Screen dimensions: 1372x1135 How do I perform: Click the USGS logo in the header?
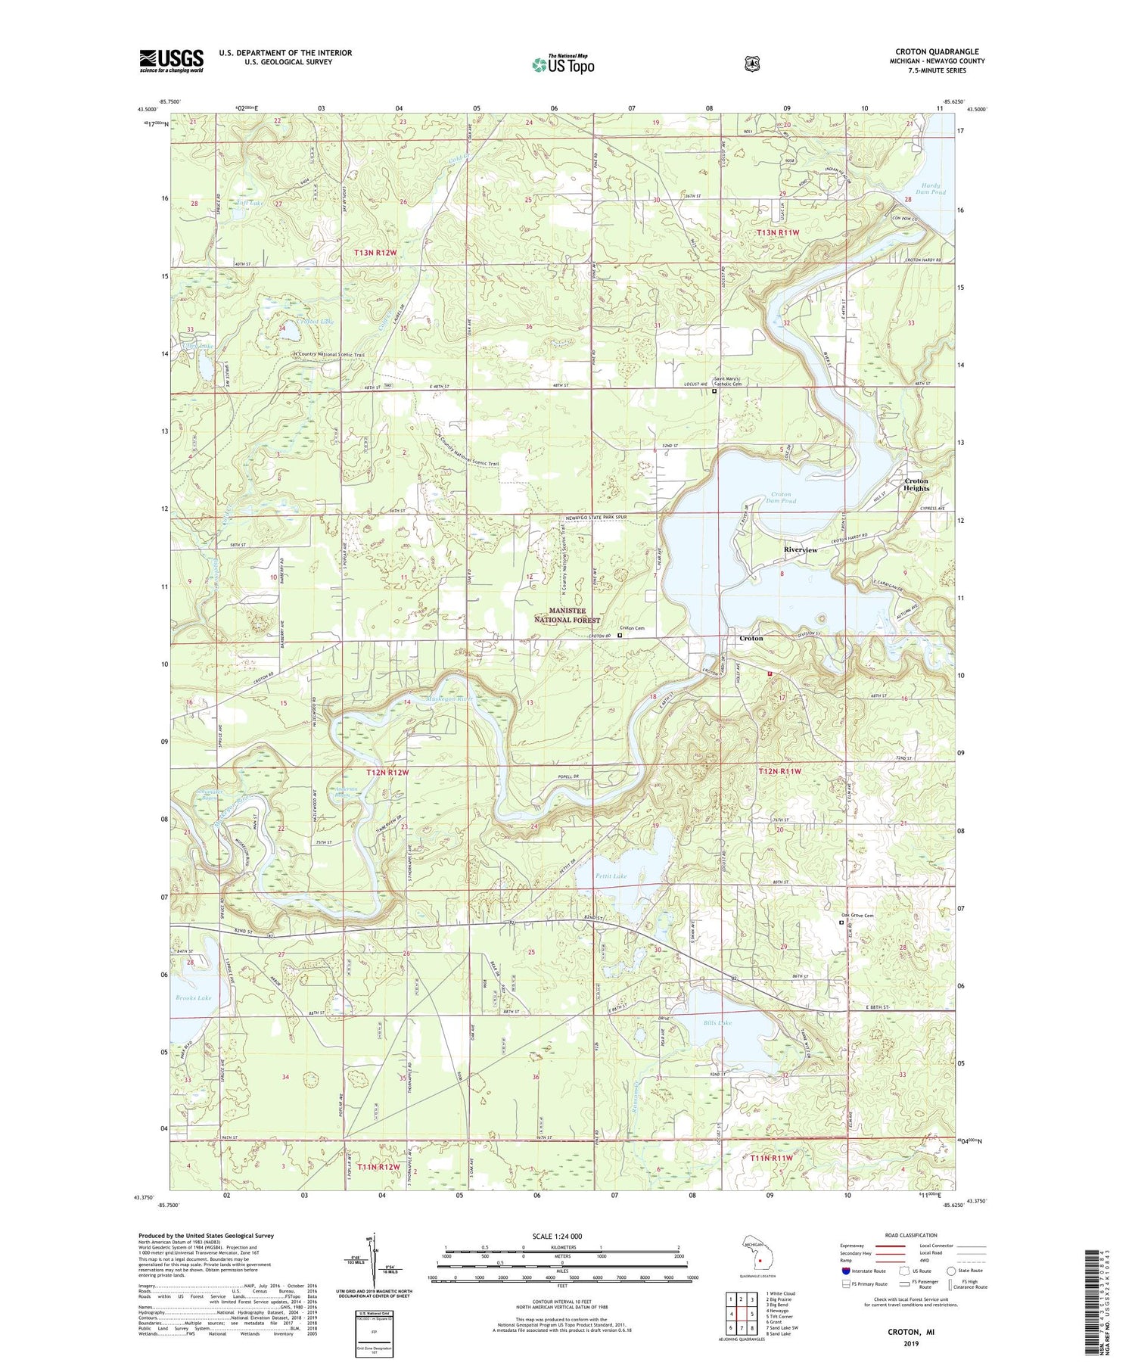(171, 61)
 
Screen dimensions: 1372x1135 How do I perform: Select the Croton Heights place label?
(916, 484)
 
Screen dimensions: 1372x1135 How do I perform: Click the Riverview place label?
(800, 550)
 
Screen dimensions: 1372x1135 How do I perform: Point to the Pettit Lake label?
(611, 876)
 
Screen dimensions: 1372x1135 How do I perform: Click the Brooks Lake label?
(194, 997)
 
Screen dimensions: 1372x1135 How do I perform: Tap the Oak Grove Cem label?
(857, 916)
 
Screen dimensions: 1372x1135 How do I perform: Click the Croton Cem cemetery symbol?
(620, 636)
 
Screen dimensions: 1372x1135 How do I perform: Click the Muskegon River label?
(449, 698)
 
